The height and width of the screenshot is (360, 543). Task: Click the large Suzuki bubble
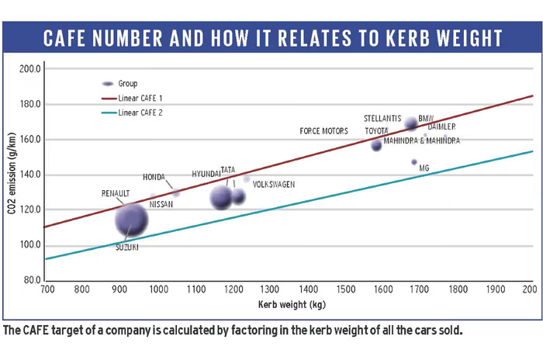click(131, 220)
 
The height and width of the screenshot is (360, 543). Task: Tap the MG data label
click(424, 168)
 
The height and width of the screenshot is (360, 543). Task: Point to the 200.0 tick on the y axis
click(29, 68)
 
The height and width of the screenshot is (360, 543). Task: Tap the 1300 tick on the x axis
click(271, 289)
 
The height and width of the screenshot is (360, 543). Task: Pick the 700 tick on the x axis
click(47, 289)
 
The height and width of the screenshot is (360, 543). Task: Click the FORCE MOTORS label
click(323, 132)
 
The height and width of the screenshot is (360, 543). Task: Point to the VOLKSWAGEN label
click(274, 185)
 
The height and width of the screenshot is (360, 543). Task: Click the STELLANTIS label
click(382, 119)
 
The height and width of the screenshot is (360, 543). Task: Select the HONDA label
click(154, 177)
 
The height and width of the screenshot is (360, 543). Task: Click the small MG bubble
click(414, 162)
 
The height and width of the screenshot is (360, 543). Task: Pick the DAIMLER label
click(441, 126)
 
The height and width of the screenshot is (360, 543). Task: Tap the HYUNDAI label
click(206, 175)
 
